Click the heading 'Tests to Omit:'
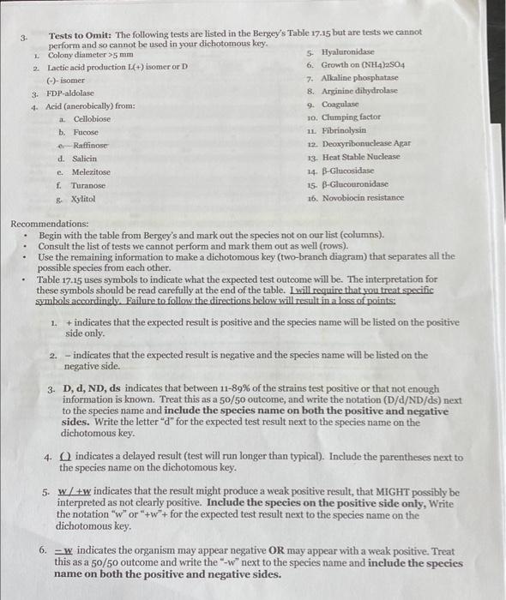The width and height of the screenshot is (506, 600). [x=81, y=33]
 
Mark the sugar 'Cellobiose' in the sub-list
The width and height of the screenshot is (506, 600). [x=92, y=118]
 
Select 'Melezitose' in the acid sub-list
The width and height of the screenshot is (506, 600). [x=92, y=171]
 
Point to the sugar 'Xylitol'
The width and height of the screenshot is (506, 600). [x=84, y=198]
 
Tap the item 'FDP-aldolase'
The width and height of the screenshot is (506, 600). [x=70, y=93]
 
